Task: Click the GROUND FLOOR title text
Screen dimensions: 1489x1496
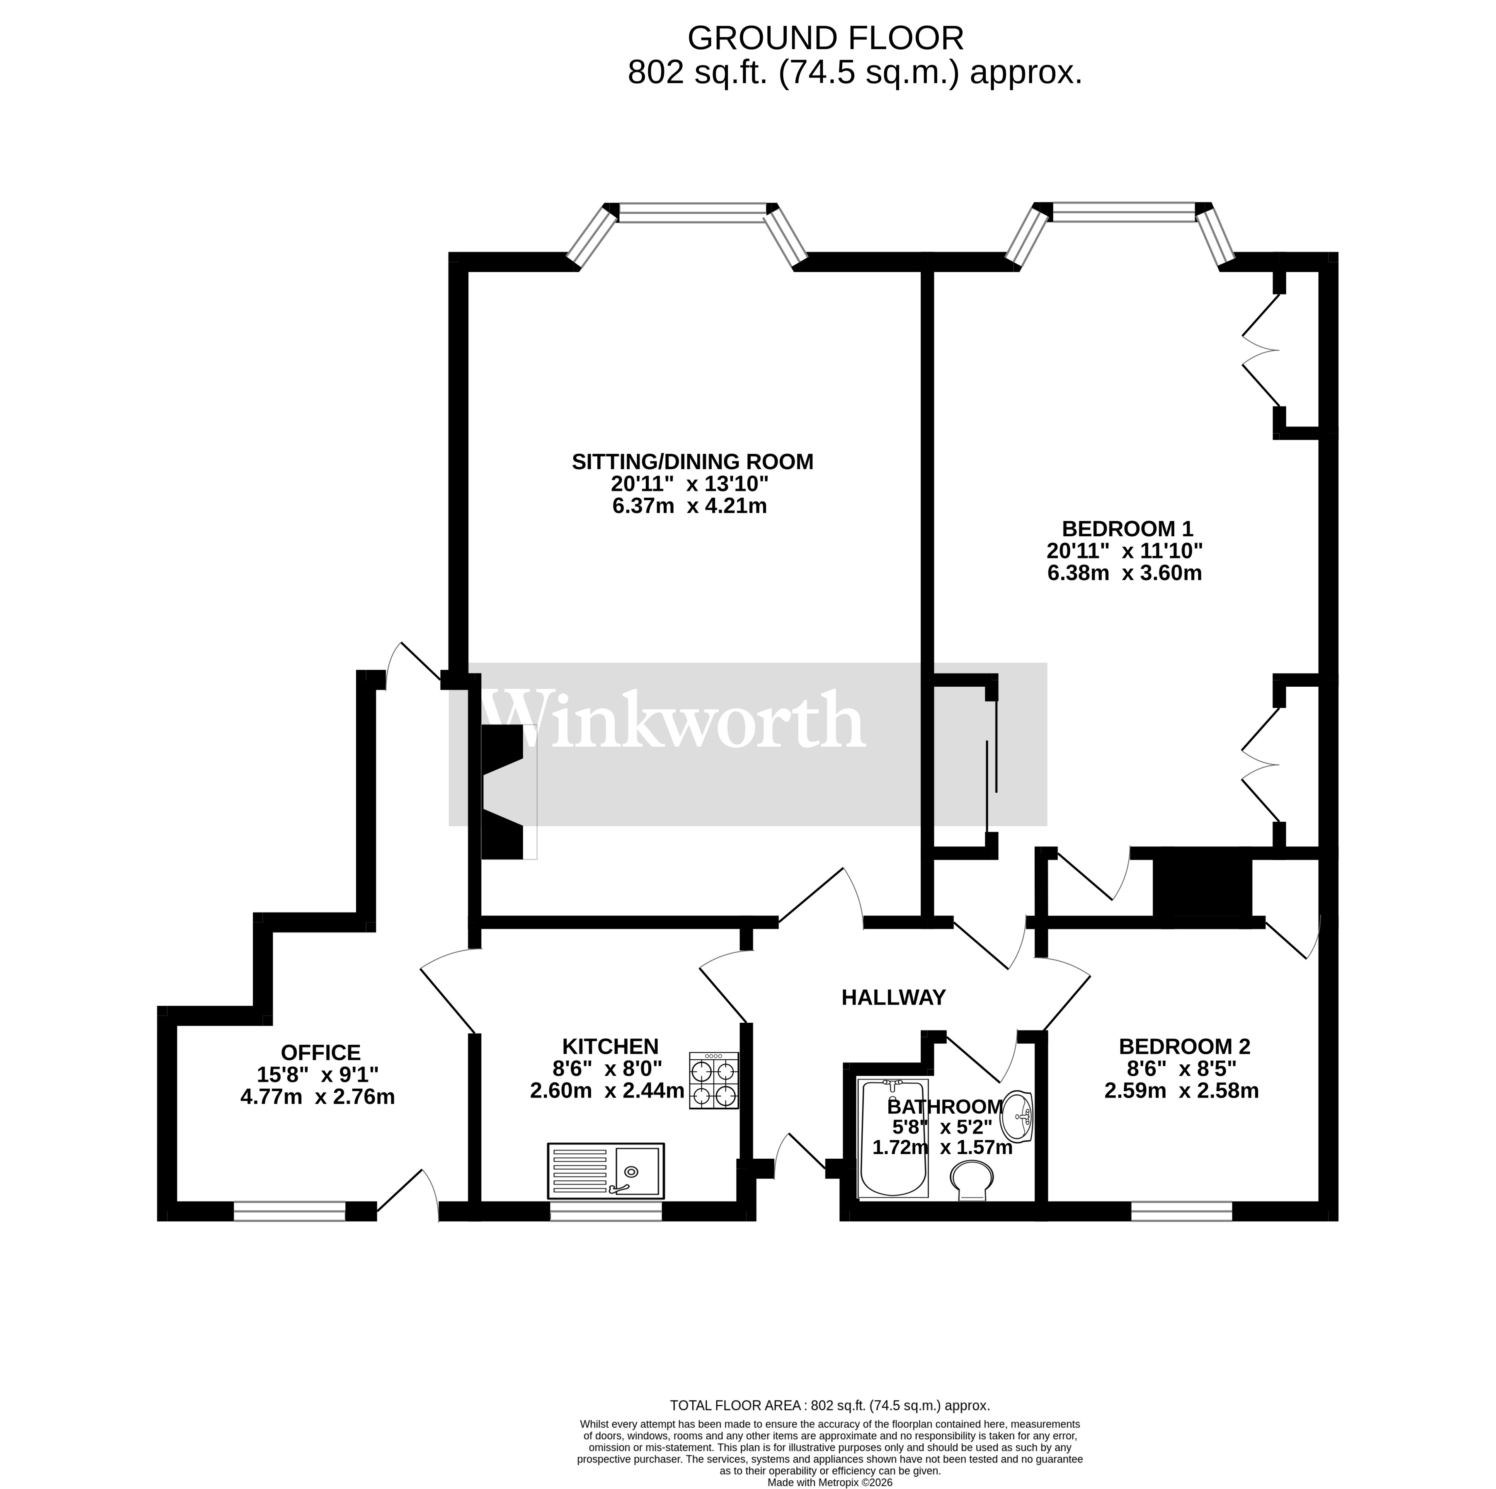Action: pos(825,38)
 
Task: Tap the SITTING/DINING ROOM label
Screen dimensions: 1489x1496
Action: pos(692,462)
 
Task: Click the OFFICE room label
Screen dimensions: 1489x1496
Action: pos(320,1053)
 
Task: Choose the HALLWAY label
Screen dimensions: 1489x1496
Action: pos(894,998)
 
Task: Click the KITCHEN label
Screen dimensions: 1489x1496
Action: pos(610,1047)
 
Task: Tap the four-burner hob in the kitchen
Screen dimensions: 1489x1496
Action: pos(714,1082)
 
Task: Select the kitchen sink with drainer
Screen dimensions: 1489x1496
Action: pos(606,1170)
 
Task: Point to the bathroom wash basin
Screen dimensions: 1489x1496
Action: pos(1018,1116)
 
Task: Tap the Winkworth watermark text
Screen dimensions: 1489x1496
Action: pos(672,721)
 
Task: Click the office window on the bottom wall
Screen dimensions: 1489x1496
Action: pos(290,1211)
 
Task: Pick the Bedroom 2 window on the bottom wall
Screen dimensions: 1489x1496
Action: pos(1182,1211)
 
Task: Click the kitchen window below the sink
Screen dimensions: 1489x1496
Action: pos(606,1211)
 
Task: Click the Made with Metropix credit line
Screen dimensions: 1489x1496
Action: pos(829,1482)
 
